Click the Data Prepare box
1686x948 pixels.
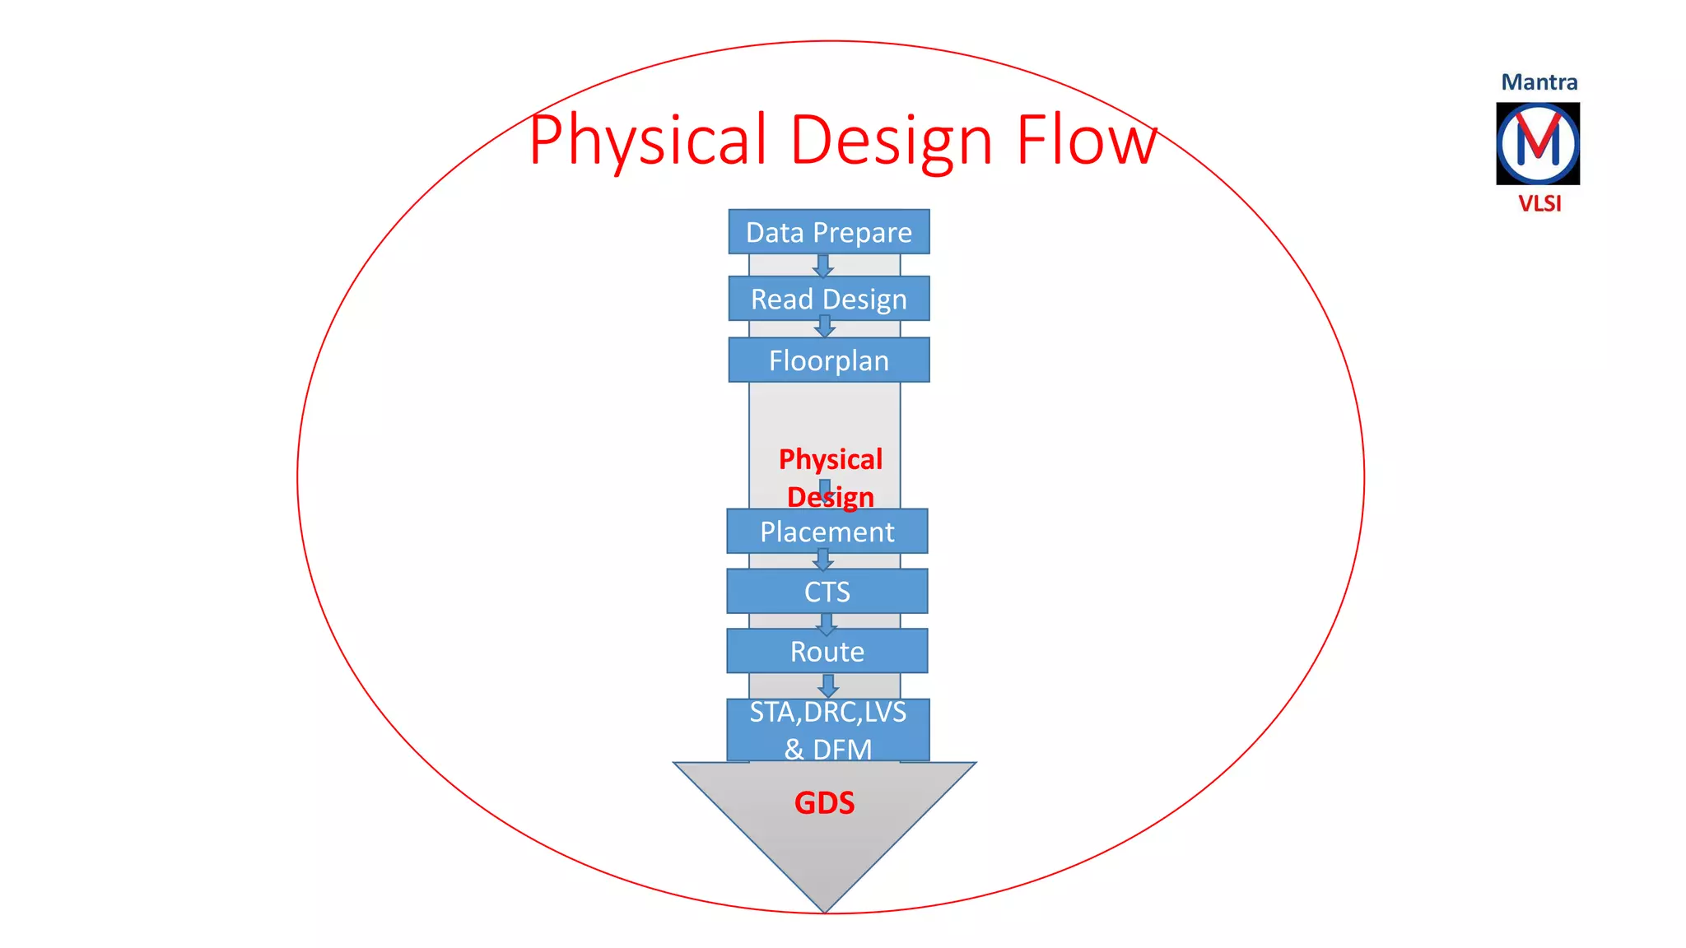point(828,232)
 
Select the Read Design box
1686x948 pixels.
point(828,299)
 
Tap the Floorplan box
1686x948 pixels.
point(828,360)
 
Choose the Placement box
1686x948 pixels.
point(827,532)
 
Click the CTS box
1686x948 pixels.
point(827,592)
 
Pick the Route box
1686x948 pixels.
point(827,652)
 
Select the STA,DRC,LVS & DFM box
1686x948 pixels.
point(827,730)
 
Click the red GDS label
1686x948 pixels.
point(824,802)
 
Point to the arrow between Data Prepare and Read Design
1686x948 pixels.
point(822,266)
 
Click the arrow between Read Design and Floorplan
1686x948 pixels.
point(824,327)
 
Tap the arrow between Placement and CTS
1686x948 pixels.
point(822,560)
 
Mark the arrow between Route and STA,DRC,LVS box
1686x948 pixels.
point(828,685)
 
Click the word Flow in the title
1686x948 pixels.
point(1087,140)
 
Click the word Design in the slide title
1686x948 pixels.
point(891,142)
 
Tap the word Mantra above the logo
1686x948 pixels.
point(1539,82)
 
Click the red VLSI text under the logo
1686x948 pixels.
point(1539,203)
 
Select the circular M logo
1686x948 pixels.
point(1538,144)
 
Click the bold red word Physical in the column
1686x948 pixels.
point(830,459)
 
